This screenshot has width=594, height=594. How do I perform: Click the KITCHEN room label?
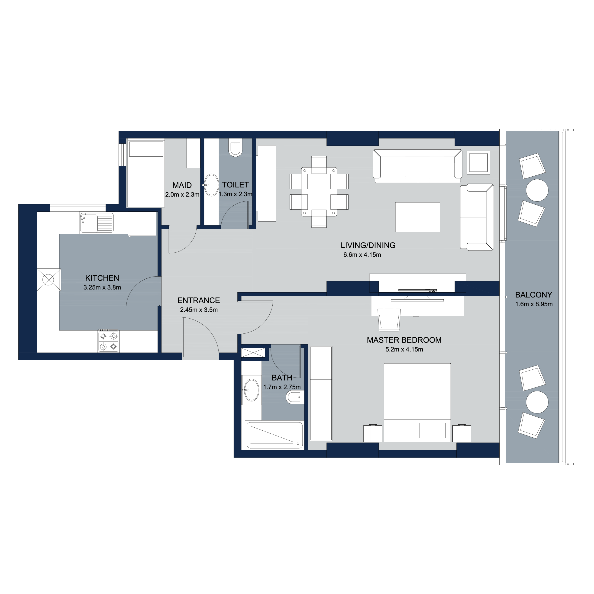tap(102, 278)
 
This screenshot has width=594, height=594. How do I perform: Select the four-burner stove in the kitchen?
tap(109, 341)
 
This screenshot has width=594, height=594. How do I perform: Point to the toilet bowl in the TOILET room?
tap(235, 148)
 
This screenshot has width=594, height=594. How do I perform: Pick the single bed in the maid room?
tap(146, 173)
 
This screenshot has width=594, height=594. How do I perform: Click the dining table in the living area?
tap(319, 192)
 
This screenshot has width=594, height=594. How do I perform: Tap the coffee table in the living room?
tap(417, 217)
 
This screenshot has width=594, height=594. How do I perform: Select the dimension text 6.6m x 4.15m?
tap(362, 255)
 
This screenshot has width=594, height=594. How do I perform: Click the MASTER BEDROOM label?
tap(404, 340)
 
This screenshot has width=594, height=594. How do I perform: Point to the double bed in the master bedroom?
tap(417, 403)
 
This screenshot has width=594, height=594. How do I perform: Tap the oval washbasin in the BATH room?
tap(251, 390)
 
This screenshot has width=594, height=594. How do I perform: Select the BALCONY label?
tap(533, 295)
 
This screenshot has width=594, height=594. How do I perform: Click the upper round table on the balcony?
tap(537, 190)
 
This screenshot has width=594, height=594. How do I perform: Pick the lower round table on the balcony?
tap(537, 402)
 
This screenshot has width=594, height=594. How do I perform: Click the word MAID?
tap(182, 185)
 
